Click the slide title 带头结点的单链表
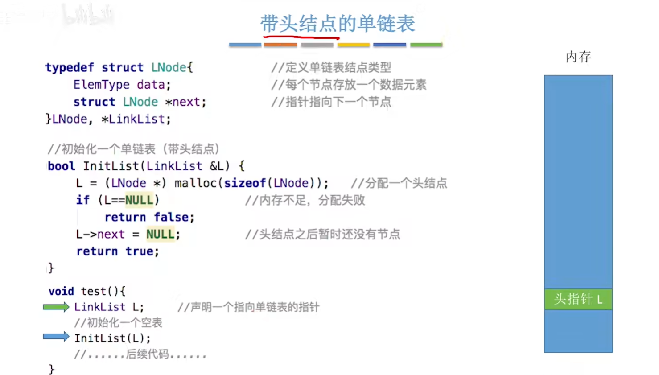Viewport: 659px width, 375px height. click(x=338, y=24)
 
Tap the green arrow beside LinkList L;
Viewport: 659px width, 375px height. click(x=56, y=307)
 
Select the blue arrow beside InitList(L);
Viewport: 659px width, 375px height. click(x=56, y=337)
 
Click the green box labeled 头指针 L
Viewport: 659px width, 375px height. click(x=578, y=299)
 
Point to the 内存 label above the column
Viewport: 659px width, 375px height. click(x=578, y=57)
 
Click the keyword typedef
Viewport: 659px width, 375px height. click(x=70, y=67)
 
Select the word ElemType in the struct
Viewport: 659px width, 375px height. click(x=102, y=85)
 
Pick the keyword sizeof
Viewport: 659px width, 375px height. click(x=245, y=183)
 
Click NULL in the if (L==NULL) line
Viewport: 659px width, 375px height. click(x=139, y=200)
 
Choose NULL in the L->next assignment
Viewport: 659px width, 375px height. click(x=161, y=235)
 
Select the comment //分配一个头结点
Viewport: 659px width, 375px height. click(x=399, y=183)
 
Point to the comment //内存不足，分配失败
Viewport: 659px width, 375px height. click(x=305, y=200)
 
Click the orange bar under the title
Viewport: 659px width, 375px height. click(x=280, y=45)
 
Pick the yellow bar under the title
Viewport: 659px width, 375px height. click(x=354, y=45)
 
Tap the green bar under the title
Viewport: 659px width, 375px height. click(x=426, y=45)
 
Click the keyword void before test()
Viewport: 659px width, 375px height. click(x=61, y=291)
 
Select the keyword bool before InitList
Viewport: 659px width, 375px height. click(x=61, y=166)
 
